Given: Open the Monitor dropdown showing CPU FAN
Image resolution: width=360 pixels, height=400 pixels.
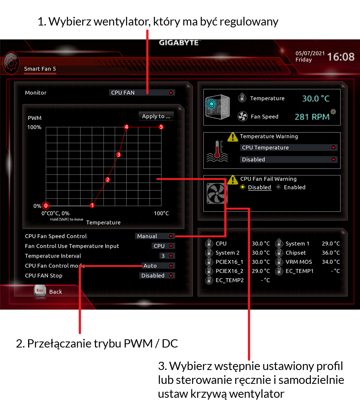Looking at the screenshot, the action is point(142,93).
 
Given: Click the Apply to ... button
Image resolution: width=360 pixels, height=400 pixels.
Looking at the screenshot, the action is point(156,116).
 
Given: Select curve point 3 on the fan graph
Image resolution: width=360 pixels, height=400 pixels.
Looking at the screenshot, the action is point(118,154).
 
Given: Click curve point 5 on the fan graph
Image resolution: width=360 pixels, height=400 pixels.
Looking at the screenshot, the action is point(161,127).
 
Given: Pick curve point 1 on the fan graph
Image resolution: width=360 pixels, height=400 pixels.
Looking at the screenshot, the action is point(92,205).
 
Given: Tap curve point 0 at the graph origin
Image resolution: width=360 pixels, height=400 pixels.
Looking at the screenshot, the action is point(46,205).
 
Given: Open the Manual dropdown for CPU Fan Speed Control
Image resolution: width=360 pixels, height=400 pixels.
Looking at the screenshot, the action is point(155,236).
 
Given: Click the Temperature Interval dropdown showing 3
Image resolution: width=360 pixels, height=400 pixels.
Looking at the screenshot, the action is point(167,256).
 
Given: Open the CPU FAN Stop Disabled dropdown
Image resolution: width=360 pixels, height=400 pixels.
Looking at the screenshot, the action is point(157,276).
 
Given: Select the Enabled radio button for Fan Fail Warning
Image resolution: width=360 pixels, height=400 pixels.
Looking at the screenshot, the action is point(279,187).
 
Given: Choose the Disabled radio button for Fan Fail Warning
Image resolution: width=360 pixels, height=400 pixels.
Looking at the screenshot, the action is point(242,187).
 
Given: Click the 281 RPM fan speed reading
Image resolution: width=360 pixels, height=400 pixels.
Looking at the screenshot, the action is point(312,117).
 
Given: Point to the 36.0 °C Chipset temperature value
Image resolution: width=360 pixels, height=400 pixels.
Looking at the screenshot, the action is point(331,253).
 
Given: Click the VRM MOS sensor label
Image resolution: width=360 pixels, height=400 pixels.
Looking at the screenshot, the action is point(299,262).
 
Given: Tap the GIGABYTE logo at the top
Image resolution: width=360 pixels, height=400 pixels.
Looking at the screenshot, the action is point(179,43).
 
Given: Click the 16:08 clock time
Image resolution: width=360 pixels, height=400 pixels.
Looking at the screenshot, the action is point(340,57).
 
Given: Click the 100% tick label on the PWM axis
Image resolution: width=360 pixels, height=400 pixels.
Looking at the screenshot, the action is point(34,127).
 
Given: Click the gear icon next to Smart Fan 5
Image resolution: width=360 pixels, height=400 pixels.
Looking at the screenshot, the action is point(11,63).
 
